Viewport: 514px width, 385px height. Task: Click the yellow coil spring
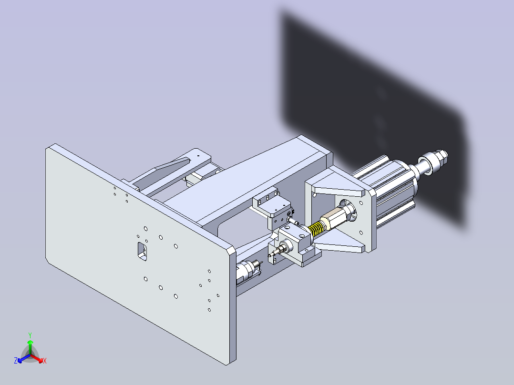(315, 230)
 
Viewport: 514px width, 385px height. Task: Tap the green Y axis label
(30, 335)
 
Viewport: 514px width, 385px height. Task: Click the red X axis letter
(44, 361)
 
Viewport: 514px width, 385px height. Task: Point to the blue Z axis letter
(16, 361)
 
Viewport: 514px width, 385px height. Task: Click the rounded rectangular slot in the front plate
(141, 251)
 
